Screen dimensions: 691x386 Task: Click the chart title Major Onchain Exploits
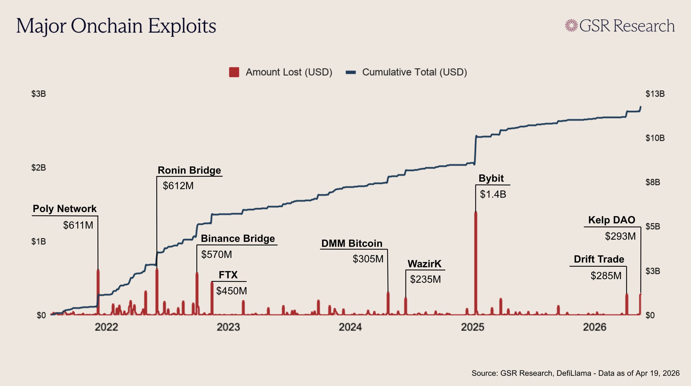[x=116, y=26]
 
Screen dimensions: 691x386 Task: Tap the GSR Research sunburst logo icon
[x=571, y=26]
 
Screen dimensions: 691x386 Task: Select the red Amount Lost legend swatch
[x=234, y=72]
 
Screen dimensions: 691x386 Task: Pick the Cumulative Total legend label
[x=414, y=72]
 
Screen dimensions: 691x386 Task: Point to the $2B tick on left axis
[x=38, y=168]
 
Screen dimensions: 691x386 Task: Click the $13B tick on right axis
[x=655, y=94]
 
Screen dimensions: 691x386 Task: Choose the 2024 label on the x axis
[x=350, y=327]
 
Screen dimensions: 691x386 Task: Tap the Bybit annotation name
[x=491, y=178]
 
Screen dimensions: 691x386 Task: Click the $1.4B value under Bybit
[x=493, y=194]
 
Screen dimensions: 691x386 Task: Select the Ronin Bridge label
[x=189, y=170]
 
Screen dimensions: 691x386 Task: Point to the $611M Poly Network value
[x=78, y=225]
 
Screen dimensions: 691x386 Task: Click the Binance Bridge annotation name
[x=238, y=239]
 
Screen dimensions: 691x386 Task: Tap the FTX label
[x=228, y=275]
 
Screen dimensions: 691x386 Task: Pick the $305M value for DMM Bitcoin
[x=368, y=259]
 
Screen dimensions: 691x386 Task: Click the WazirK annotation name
[x=424, y=264]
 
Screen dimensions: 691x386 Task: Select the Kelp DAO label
[x=612, y=220]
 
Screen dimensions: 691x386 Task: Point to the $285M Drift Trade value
[x=606, y=276]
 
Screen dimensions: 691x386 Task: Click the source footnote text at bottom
[x=576, y=373]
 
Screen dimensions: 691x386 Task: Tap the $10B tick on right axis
[x=655, y=138]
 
